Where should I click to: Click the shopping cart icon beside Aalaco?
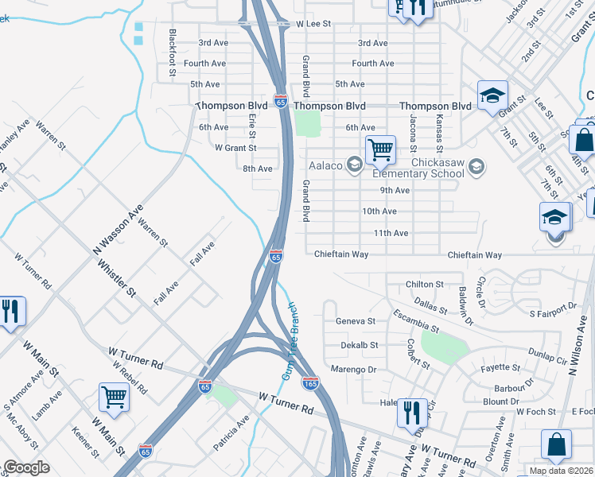380,149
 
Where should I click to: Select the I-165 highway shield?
311,383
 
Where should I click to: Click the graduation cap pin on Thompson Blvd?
492,95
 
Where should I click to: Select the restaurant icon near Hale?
410,412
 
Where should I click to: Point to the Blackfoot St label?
173,53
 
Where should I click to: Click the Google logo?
26,467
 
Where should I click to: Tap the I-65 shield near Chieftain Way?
276,256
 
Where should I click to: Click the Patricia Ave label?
231,432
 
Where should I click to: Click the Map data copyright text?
561,471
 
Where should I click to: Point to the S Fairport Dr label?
553,305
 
